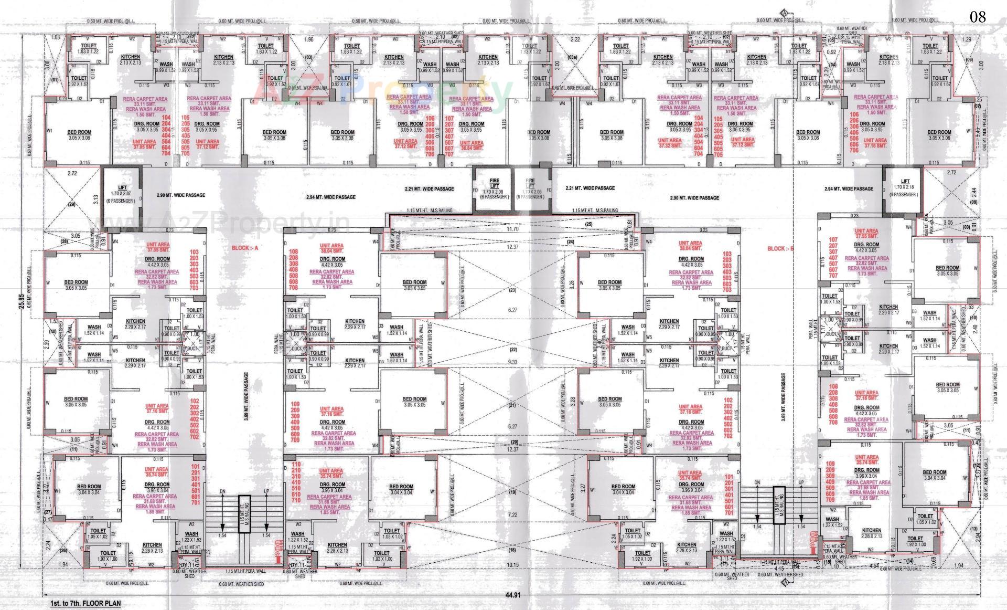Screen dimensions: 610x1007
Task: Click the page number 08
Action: (x=978, y=17)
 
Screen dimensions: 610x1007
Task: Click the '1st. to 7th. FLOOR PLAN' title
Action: (x=85, y=603)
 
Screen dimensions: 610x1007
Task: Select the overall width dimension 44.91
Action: (x=512, y=595)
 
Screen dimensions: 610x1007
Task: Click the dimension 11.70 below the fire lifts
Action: (x=512, y=229)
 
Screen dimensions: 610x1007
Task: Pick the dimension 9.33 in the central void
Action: (x=512, y=362)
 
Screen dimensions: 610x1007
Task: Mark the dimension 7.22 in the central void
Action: (x=512, y=515)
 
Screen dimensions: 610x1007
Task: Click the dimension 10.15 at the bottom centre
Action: (x=512, y=565)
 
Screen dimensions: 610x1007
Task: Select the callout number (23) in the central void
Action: (x=512, y=290)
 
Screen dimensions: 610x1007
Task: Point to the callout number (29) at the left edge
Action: (x=72, y=205)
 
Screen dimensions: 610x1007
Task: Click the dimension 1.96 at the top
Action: (x=308, y=39)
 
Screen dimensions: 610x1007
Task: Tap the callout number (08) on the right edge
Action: (x=974, y=202)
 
